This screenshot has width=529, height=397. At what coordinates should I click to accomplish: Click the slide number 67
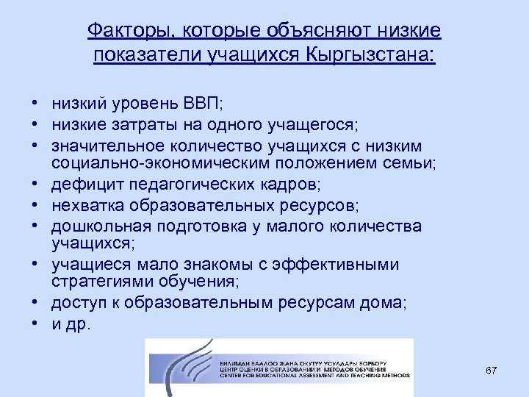(x=491, y=371)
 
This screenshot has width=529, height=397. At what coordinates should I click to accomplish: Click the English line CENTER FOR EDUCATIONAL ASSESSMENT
(x=309, y=376)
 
